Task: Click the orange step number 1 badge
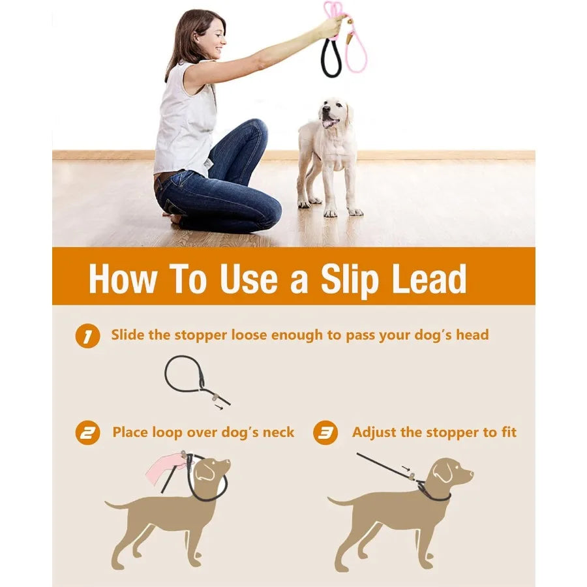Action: coord(87,337)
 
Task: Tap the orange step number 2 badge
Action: coord(87,433)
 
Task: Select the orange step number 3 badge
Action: coord(325,433)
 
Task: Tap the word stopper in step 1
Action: coord(195,335)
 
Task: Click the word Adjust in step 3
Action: coord(374,432)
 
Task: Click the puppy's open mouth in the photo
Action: coord(329,122)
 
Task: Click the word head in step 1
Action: coord(471,335)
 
